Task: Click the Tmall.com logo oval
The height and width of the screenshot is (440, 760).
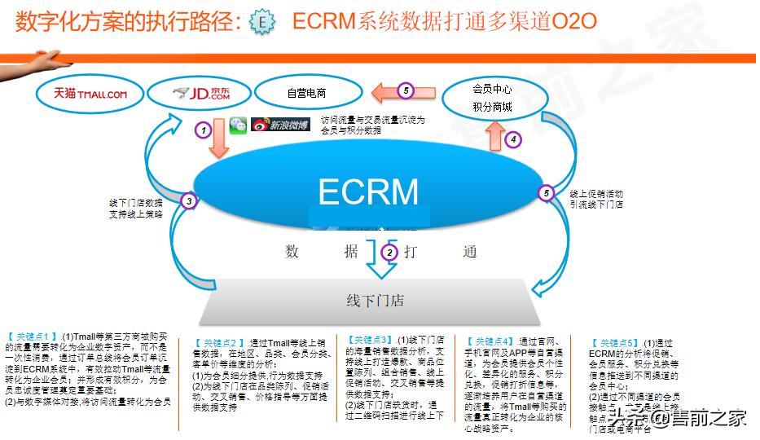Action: pos(90,94)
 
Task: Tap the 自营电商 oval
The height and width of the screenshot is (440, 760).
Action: pos(306,94)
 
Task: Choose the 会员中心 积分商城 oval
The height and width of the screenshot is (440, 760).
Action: pos(492,97)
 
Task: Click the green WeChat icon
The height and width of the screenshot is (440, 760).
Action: pos(237,125)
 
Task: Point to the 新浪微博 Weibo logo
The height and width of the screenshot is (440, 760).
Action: pos(280,125)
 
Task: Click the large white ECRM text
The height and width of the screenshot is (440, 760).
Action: pos(368,192)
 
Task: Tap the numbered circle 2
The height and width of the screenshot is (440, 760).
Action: pos(390,252)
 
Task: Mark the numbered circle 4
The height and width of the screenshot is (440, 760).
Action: pos(512,139)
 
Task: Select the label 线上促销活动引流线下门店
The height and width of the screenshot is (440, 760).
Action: pos(596,200)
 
